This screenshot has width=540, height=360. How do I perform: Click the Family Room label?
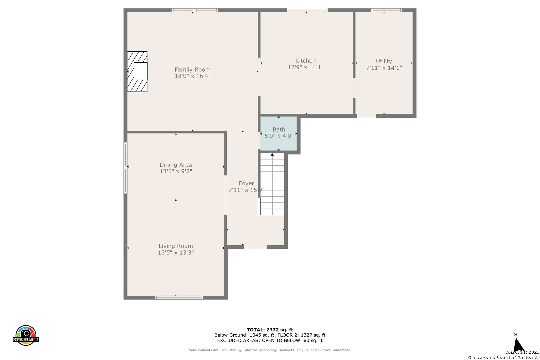click(x=192, y=70)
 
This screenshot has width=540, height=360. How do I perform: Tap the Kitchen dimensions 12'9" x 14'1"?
click(x=305, y=67)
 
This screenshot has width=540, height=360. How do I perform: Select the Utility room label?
click(x=384, y=61)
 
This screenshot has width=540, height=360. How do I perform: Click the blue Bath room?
click(x=278, y=134)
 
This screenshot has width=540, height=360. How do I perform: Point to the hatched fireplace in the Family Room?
click(x=137, y=72)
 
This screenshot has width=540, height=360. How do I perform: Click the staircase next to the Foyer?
click(x=272, y=184)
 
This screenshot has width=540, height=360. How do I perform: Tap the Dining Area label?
click(x=176, y=165)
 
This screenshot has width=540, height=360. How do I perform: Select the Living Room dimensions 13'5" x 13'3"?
click(x=176, y=253)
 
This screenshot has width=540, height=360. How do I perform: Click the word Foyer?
click(x=246, y=183)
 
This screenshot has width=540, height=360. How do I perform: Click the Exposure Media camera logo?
click(x=26, y=335)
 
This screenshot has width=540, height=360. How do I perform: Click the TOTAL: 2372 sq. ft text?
click(x=270, y=330)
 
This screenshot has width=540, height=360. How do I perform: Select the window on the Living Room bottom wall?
click(x=179, y=298)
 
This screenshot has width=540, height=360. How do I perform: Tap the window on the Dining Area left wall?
click(x=125, y=168)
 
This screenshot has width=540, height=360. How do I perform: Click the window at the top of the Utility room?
click(x=386, y=10)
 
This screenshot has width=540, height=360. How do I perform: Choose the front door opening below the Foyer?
click(x=255, y=247)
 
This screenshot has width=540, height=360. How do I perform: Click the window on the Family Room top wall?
click(x=195, y=10)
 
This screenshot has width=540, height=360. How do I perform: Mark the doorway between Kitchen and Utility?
click(x=354, y=88)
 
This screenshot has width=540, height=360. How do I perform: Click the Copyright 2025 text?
click(x=522, y=352)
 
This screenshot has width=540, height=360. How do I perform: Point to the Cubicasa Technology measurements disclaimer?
click(x=270, y=350)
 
